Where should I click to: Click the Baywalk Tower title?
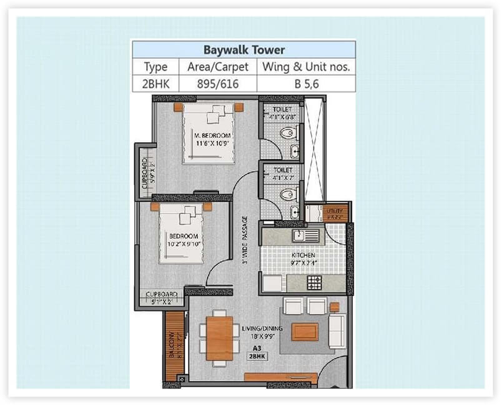(x=243, y=50)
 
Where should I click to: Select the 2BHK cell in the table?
(x=156, y=84)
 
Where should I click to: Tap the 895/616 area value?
(x=218, y=84)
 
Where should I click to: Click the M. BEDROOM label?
(x=212, y=139)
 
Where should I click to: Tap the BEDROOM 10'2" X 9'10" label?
(x=184, y=240)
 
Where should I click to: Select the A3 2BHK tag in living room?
(x=257, y=352)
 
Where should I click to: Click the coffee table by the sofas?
(x=305, y=331)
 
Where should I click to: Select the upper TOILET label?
(x=280, y=112)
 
